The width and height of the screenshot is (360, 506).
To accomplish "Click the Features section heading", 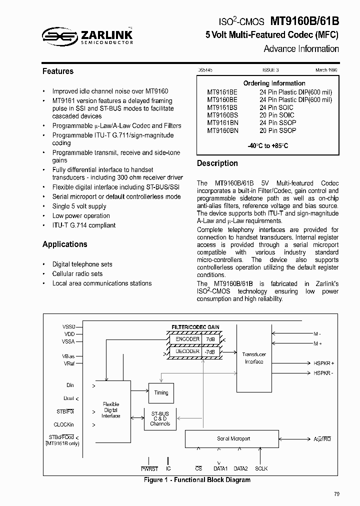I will [57, 71].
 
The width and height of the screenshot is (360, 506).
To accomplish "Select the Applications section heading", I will [64, 244].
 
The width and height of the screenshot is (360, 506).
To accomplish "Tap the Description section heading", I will [217, 163].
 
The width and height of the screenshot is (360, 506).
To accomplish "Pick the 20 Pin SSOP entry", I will [277, 130].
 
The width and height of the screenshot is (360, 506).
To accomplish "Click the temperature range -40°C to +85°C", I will [267, 146].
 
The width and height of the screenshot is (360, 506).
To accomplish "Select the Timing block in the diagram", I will [161, 392].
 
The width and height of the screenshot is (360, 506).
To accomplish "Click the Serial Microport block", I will [233, 438].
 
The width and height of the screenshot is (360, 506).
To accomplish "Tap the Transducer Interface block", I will [254, 358].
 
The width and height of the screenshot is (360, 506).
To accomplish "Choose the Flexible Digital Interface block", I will [111, 409].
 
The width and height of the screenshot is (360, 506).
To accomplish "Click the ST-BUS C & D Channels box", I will [160, 418].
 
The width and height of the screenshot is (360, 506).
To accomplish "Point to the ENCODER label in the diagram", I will [187, 339].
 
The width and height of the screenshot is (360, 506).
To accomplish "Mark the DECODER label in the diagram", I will [187, 351].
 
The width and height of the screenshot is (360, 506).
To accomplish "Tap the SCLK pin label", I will [261, 468].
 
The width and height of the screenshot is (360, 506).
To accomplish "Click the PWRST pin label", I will [149, 468].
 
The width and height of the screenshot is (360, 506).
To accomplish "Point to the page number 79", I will [336, 494].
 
